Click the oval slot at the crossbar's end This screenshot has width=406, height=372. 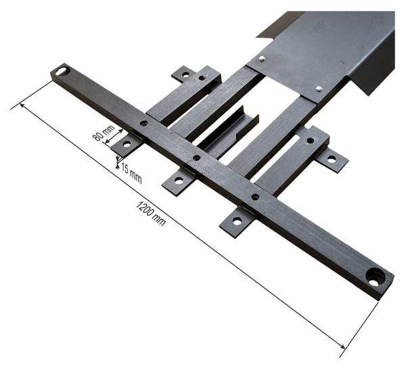[63, 70]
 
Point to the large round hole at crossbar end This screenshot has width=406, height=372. [375, 276]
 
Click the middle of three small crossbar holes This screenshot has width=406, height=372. [196, 158]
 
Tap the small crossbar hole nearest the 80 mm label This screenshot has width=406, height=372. [143, 124]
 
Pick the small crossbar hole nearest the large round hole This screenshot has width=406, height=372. [255, 197]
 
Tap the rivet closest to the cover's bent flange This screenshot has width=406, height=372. [319, 88]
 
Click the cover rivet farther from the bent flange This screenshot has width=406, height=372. [262, 59]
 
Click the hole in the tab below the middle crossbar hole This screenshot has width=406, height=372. [179, 181]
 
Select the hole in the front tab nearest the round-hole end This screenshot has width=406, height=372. [237, 220]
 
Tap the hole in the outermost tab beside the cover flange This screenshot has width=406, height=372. [331, 159]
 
